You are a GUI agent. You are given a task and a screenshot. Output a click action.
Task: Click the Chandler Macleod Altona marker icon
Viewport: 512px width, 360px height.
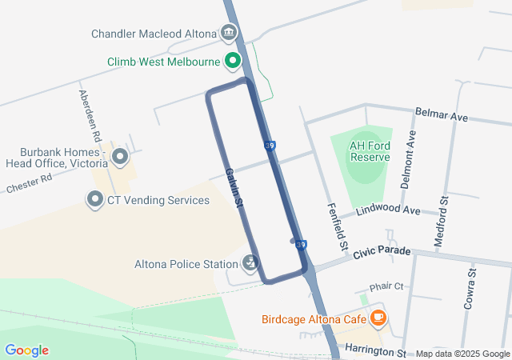[x=230, y=34]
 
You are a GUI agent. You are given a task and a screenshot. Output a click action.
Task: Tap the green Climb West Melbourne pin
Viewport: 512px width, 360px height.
[x=233, y=61]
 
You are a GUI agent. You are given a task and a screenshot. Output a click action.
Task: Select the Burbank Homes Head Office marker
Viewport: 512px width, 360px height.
[x=120, y=157]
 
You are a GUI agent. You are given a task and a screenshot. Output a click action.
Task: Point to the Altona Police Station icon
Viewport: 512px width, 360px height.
[x=250, y=263]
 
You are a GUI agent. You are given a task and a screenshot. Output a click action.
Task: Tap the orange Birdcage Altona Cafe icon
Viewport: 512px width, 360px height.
[x=378, y=318]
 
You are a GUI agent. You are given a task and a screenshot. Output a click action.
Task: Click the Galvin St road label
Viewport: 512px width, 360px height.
[x=234, y=188]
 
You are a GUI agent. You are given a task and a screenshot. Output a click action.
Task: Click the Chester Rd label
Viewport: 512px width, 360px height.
[x=28, y=185]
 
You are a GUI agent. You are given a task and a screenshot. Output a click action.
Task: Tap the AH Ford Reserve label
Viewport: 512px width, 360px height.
[x=370, y=151]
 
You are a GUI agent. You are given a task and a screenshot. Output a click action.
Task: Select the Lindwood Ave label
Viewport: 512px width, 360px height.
[x=390, y=210]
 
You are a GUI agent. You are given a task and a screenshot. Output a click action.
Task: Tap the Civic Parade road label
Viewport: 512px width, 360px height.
[x=382, y=252]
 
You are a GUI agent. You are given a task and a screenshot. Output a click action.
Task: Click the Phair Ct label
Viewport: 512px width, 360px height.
[x=386, y=286]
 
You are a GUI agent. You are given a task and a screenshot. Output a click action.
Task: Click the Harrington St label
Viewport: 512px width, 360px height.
[x=375, y=350]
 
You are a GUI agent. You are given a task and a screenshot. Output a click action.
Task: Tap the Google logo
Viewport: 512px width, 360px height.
[x=26, y=350]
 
